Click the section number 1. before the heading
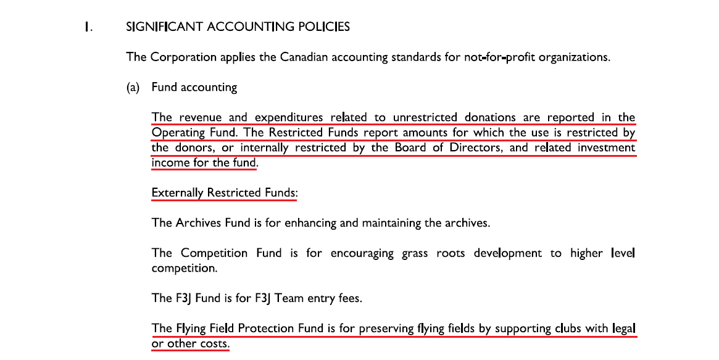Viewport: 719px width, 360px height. [x=89, y=27]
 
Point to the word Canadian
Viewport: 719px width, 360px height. [x=304, y=57]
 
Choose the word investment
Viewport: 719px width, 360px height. [x=603, y=148]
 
